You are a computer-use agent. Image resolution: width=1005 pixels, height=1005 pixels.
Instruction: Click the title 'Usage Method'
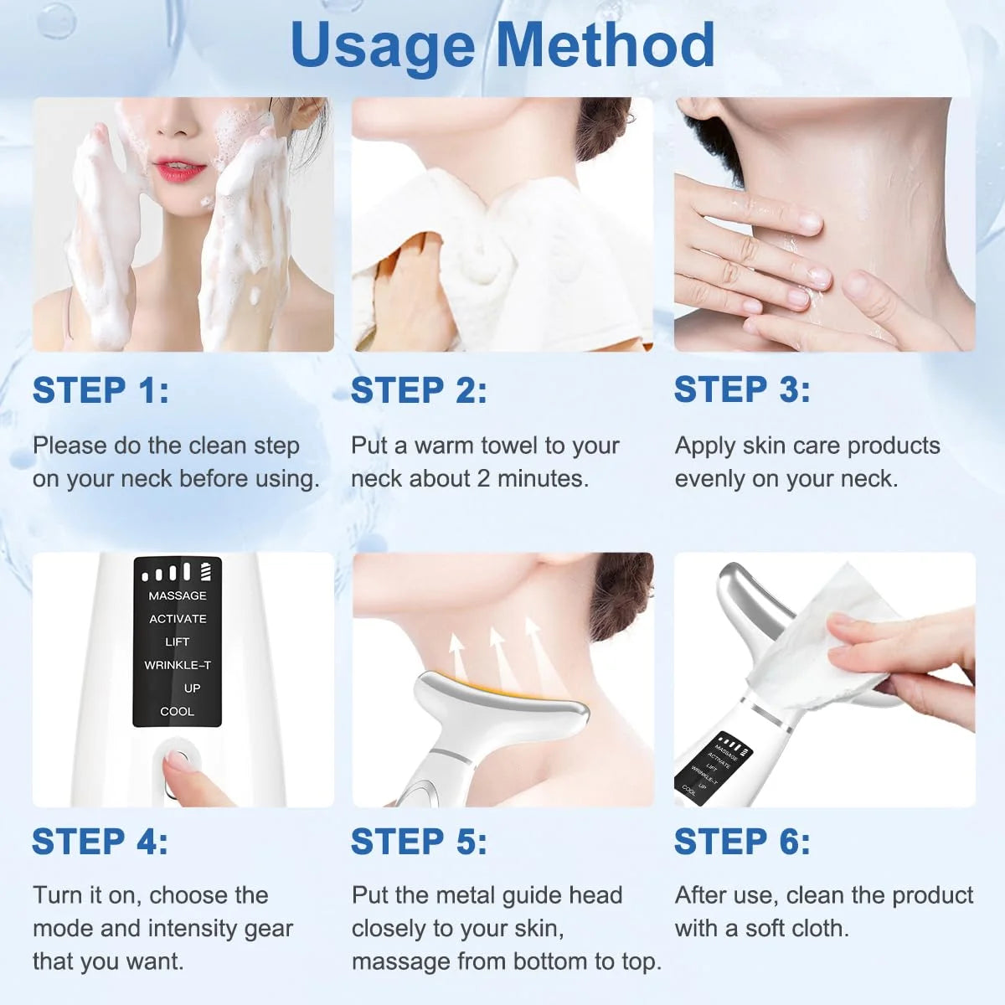[502, 45]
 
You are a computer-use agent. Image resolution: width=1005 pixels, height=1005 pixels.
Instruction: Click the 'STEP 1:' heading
[100, 390]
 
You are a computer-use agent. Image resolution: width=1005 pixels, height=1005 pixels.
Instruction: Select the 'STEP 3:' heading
[742, 389]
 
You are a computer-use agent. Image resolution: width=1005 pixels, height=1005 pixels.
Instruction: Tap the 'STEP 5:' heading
[419, 842]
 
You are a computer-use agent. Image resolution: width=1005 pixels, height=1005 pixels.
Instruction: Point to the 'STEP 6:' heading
[742, 842]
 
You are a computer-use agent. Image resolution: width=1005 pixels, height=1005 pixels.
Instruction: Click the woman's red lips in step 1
[179, 171]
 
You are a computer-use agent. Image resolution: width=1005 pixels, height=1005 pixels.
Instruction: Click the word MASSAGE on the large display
[178, 595]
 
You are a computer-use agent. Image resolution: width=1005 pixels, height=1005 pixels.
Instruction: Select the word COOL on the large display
[177, 711]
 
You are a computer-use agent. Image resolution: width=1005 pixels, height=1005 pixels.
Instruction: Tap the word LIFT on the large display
[177, 642]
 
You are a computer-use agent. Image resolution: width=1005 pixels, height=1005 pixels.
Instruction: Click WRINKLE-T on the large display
[178, 665]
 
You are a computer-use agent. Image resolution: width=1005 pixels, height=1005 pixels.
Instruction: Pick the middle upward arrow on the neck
[497, 649]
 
